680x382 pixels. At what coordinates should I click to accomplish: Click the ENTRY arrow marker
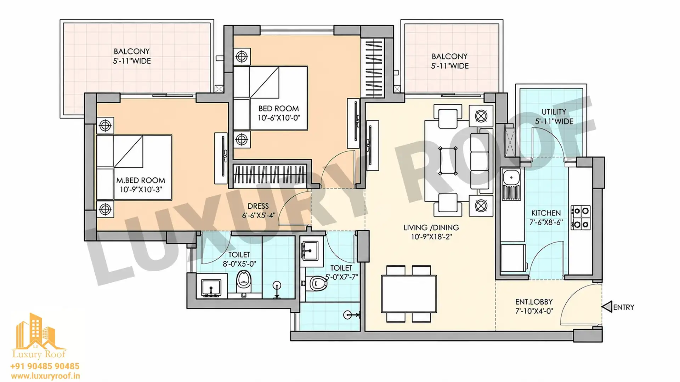(x=607, y=307)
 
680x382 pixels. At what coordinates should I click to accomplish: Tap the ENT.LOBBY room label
(x=534, y=306)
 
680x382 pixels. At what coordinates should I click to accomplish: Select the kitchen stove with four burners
(x=580, y=218)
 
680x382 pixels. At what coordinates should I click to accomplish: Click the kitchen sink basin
(x=511, y=176)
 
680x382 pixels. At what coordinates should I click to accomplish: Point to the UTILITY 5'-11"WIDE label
(x=554, y=116)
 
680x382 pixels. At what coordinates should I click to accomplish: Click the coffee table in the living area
(x=448, y=161)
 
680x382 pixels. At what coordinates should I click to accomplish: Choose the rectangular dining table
(x=409, y=294)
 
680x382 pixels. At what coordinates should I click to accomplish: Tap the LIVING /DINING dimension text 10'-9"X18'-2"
(x=431, y=237)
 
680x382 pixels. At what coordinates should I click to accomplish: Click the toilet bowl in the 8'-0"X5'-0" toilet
(x=243, y=279)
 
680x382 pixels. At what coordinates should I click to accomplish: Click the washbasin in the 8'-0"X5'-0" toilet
(x=211, y=288)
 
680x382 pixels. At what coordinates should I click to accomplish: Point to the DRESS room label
(x=258, y=210)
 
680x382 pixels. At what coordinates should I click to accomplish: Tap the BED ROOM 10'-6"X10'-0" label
(x=278, y=113)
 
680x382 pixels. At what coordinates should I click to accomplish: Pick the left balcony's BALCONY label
(x=132, y=51)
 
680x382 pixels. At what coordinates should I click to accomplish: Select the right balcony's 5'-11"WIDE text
(x=450, y=66)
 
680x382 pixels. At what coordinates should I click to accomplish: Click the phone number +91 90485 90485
(x=45, y=366)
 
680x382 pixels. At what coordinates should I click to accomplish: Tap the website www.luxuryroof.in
(x=45, y=376)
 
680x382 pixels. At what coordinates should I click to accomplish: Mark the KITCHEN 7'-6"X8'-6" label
(x=546, y=218)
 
